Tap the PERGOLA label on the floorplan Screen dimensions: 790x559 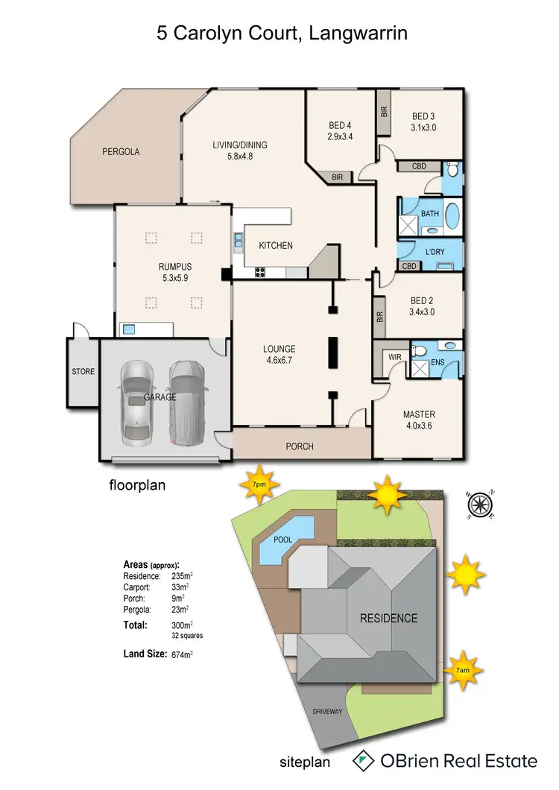(121, 151)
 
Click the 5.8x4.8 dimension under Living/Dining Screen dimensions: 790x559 (240, 157)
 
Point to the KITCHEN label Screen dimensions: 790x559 (275, 246)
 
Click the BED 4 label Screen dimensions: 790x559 (339, 125)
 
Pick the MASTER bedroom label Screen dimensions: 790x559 (418, 414)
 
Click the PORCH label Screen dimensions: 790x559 (300, 446)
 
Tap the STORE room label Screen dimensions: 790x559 (83, 371)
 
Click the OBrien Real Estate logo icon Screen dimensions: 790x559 (363, 761)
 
